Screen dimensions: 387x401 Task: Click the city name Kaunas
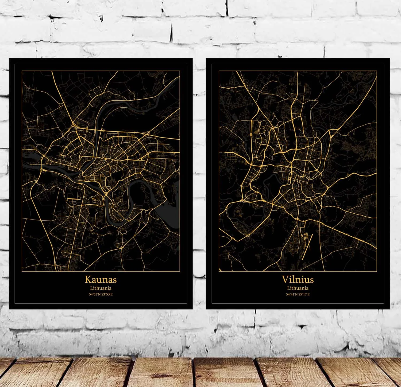pyautogui.click(x=101, y=279)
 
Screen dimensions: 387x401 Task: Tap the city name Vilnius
pyautogui.click(x=298, y=279)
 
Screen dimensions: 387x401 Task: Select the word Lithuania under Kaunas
pyautogui.click(x=101, y=288)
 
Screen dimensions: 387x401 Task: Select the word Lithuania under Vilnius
pyautogui.click(x=298, y=288)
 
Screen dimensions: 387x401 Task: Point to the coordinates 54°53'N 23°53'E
pyautogui.click(x=101, y=294)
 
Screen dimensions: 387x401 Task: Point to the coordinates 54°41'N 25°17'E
pyautogui.click(x=298, y=294)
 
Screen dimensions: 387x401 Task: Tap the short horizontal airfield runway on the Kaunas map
pyautogui.click(x=74, y=199)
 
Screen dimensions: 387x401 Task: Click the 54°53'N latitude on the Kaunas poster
pyautogui.click(x=94, y=294)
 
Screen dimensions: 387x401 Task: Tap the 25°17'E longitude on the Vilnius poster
pyautogui.click(x=304, y=294)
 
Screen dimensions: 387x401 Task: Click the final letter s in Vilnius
pyautogui.click(x=311, y=280)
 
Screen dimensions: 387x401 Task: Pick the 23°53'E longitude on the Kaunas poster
pyautogui.click(x=107, y=294)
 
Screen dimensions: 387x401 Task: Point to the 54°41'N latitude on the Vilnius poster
pyautogui.click(x=291, y=294)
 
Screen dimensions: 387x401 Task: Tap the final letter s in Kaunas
pyautogui.click(x=114, y=280)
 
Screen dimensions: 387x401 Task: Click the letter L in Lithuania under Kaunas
pyautogui.click(x=91, y=288)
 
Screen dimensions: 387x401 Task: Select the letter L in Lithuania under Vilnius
pyautogui.click(x=288, y=288)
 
